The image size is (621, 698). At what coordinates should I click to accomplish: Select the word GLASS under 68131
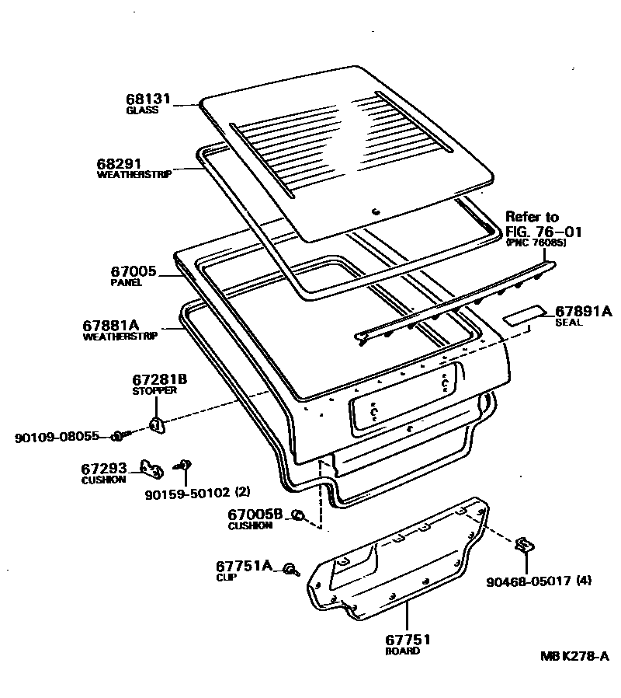tap(142, 110)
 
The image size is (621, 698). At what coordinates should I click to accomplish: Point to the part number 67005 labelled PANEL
tap(134, 272)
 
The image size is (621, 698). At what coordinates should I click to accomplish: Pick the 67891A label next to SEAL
tap(584, 312)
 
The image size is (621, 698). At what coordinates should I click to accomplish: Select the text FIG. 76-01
tap(543, 231)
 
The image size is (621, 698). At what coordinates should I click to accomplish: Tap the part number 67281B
tap(160, 379)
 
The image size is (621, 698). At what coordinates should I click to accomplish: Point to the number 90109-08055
tap(57, 437)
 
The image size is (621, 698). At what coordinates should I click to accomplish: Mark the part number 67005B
tap(254, 514)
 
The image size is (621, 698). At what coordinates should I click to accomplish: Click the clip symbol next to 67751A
tap(290, 570)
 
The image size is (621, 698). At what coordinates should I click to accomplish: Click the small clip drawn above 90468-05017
tap(524, 545)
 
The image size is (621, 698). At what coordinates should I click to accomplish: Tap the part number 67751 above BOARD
tap(408, 640)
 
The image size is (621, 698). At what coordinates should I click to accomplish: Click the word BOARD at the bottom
tap(402, 651)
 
